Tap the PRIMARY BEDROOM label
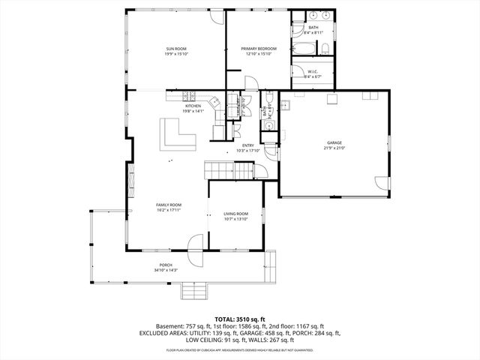[259, 49]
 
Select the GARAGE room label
[334, 142]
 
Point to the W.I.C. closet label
[313, 71]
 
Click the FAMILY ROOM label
[168, 205]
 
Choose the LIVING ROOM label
[235, 214]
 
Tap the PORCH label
[165, 265]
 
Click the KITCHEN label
[193, 106]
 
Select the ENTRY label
[247, 145]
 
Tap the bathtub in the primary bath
[305, 49]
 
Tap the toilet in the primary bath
[325, 49]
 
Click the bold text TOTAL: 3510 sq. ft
[239, 318]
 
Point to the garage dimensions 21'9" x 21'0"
[334, 148]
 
